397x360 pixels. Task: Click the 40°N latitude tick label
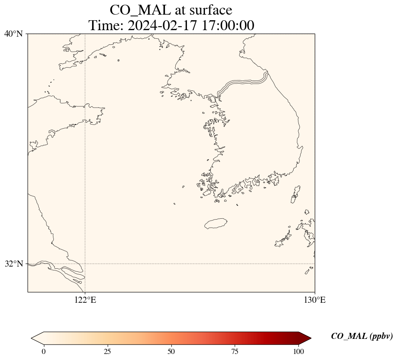click(14, 34)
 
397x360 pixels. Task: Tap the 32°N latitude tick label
click(14, 264)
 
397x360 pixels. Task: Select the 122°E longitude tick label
click(85, 300)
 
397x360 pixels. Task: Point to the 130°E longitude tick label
click(315, 300)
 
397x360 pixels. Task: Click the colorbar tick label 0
click(43, 351)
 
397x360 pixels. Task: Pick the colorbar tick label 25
click(107, 351)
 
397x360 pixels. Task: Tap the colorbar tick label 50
click(171, 351)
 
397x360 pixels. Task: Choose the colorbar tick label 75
click(235, 351)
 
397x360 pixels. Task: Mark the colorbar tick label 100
click(299, 351)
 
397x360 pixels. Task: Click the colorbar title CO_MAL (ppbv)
click(362, 336)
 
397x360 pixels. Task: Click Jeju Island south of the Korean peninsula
click(216, 223)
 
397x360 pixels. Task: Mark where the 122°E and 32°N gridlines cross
click(85, 264)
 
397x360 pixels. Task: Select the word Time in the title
click(106, 25)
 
